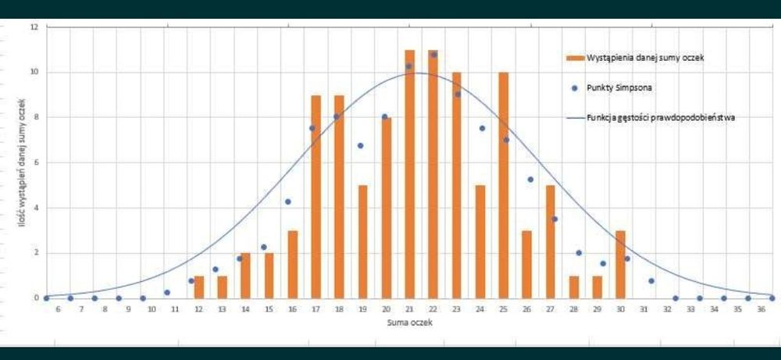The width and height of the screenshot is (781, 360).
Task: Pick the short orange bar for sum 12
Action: pos(198,287)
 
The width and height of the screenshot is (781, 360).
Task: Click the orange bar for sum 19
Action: pos(362,241)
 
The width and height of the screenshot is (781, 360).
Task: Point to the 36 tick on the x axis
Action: pos(761,310)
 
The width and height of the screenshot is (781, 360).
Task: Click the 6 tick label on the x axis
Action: pos(57,310)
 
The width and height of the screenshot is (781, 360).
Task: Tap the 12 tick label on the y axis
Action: pos(34,27)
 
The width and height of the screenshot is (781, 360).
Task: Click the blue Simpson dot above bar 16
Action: pos(287,201)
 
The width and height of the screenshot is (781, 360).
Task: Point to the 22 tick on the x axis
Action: pos(433,310)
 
